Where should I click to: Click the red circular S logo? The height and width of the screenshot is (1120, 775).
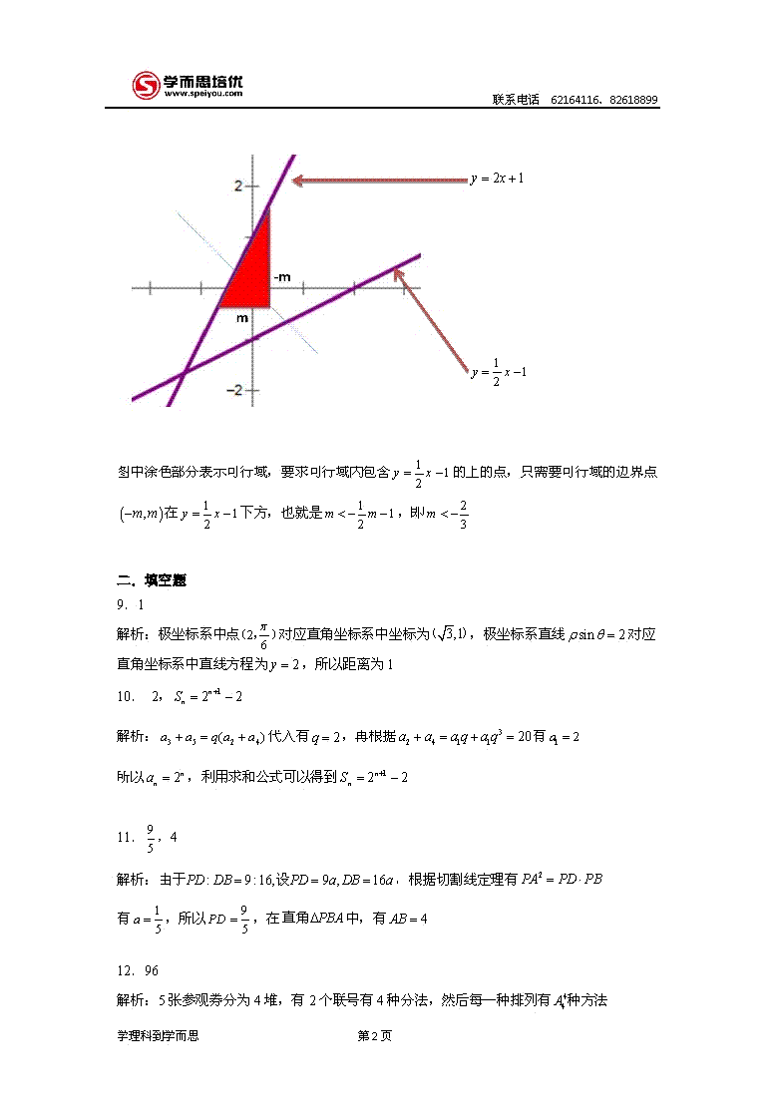point(148,85)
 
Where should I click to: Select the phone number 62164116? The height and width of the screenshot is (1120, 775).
point(574,101)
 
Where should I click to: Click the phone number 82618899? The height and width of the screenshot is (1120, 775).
point(633,101)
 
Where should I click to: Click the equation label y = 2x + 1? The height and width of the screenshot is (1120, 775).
point(497,179)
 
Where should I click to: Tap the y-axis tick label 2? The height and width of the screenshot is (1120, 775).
point(237,186)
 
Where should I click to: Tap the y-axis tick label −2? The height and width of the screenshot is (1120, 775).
point(234,389)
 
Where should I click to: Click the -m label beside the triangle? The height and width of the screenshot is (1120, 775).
point(282,276)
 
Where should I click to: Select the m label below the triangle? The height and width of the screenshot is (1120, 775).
point(241,318)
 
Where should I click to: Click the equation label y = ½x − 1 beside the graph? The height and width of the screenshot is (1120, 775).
point(498,372)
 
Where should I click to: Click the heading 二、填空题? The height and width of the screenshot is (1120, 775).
point(152,580)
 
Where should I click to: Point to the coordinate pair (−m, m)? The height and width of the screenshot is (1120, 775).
point(139,514)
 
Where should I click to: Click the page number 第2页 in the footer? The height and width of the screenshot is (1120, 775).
point(374,1036)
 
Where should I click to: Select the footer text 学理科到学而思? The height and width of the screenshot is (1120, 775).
point(158,1036)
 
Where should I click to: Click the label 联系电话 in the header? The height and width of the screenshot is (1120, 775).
point(516,101)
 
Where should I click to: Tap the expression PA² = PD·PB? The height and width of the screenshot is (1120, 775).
point(563,879)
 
